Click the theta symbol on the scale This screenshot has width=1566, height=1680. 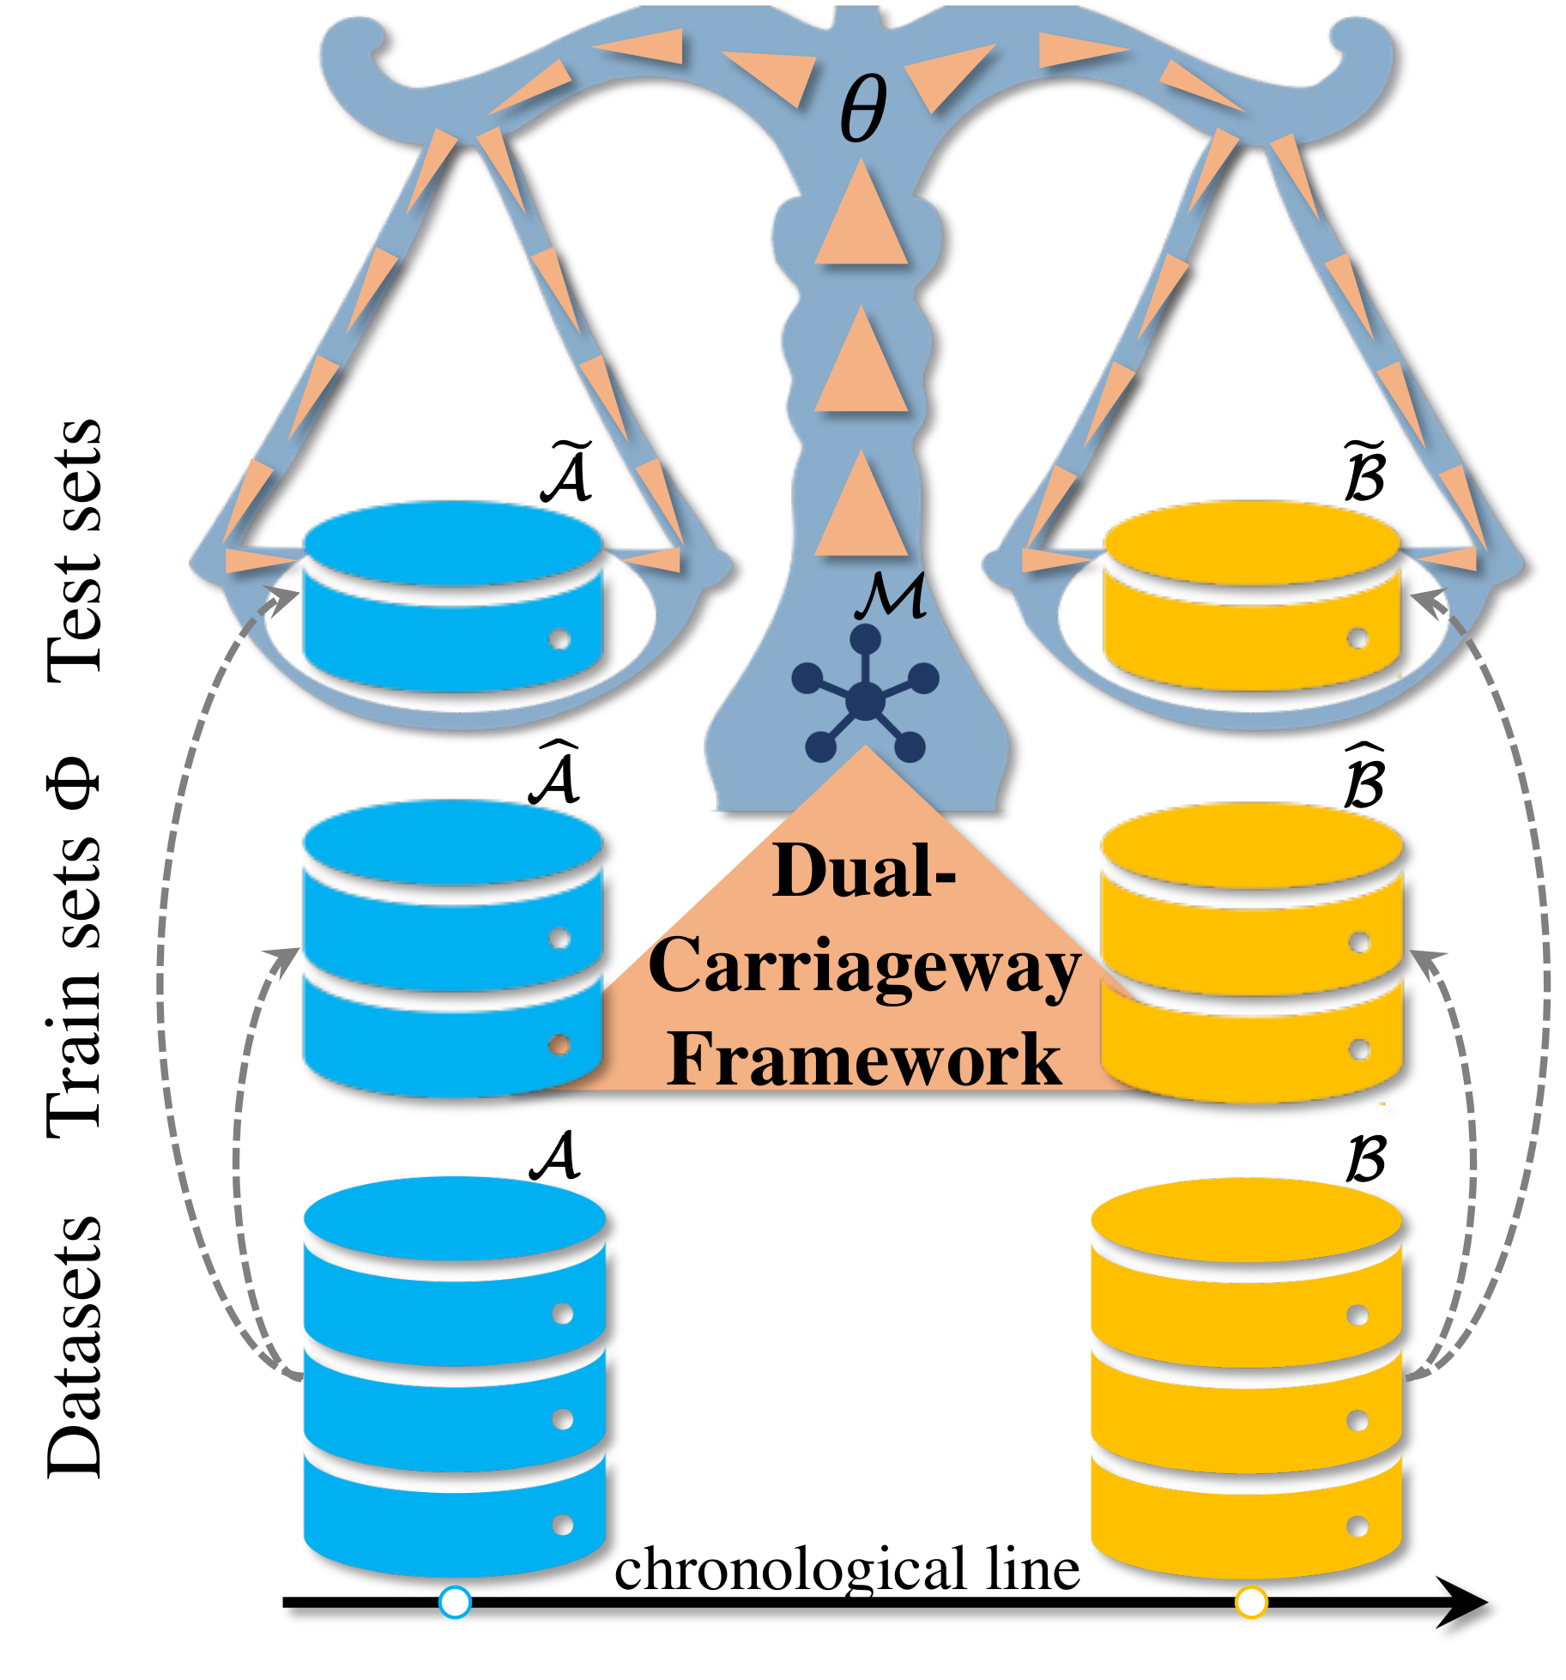862,109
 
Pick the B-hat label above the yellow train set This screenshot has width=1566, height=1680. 1364,777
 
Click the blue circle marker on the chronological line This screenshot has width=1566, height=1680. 455,1602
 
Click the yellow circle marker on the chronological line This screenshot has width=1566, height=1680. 1251,1602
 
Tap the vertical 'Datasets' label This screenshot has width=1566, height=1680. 76,1347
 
